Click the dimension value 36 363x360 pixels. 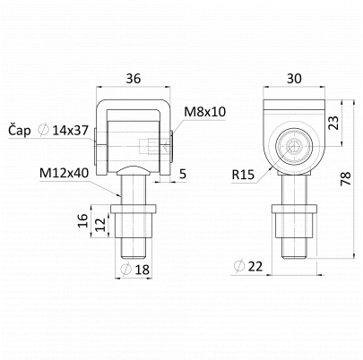click(134, 79)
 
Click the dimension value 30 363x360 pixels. click(294, 79)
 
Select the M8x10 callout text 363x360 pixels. click(204, 112)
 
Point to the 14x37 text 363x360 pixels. click(70, 131)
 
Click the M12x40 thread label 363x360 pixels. click(65, 173)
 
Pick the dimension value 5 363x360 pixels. click(183, 174)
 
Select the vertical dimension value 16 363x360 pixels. click(83, 220)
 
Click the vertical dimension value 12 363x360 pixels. click(100, 225)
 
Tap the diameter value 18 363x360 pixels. click(143, 270)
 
